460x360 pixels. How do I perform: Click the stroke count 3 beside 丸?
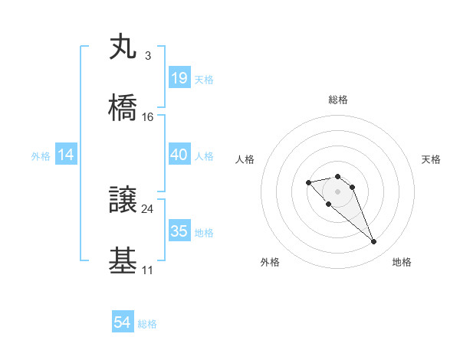click(x=147, y=56)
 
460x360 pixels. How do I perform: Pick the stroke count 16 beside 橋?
click(x=148, y=116)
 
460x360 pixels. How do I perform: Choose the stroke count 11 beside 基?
click(x=147, y=270)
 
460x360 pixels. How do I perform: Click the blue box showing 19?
click(x=179, y=78)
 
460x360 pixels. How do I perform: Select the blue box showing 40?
click(x=179, y=155)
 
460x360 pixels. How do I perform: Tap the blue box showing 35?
click(x=179, y=231)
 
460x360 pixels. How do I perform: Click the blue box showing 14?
click(x=66, y=155)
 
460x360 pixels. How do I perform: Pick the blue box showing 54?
click(x=123, y=323)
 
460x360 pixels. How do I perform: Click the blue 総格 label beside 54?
click(x=147, y=324)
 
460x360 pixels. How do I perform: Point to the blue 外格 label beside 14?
click(x=41, y=156)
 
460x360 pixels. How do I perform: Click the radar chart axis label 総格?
click(x=338, y=100)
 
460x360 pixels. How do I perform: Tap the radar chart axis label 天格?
click(x=432, y=159)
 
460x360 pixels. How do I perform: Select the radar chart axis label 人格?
click(x=245, y=159)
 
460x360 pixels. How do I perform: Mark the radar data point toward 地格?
click(x=374, y=242)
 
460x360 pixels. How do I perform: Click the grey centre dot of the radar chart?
click(x=338, y=191)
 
